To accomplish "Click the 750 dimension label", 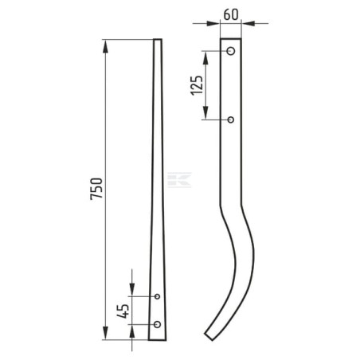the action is coord(96,189).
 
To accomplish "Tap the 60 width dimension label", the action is coord(231,14).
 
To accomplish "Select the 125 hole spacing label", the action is coord(197,85).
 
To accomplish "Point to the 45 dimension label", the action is coord(123,311).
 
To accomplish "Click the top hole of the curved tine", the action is coord(231,51).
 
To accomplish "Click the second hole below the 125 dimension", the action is coord(231,119).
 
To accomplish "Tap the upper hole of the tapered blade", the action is coord(157,296).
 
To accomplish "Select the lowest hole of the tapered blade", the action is coord(157,324).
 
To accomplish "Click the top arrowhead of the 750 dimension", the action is coord(105,46).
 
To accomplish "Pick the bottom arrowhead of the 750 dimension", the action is coord(105,333).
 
